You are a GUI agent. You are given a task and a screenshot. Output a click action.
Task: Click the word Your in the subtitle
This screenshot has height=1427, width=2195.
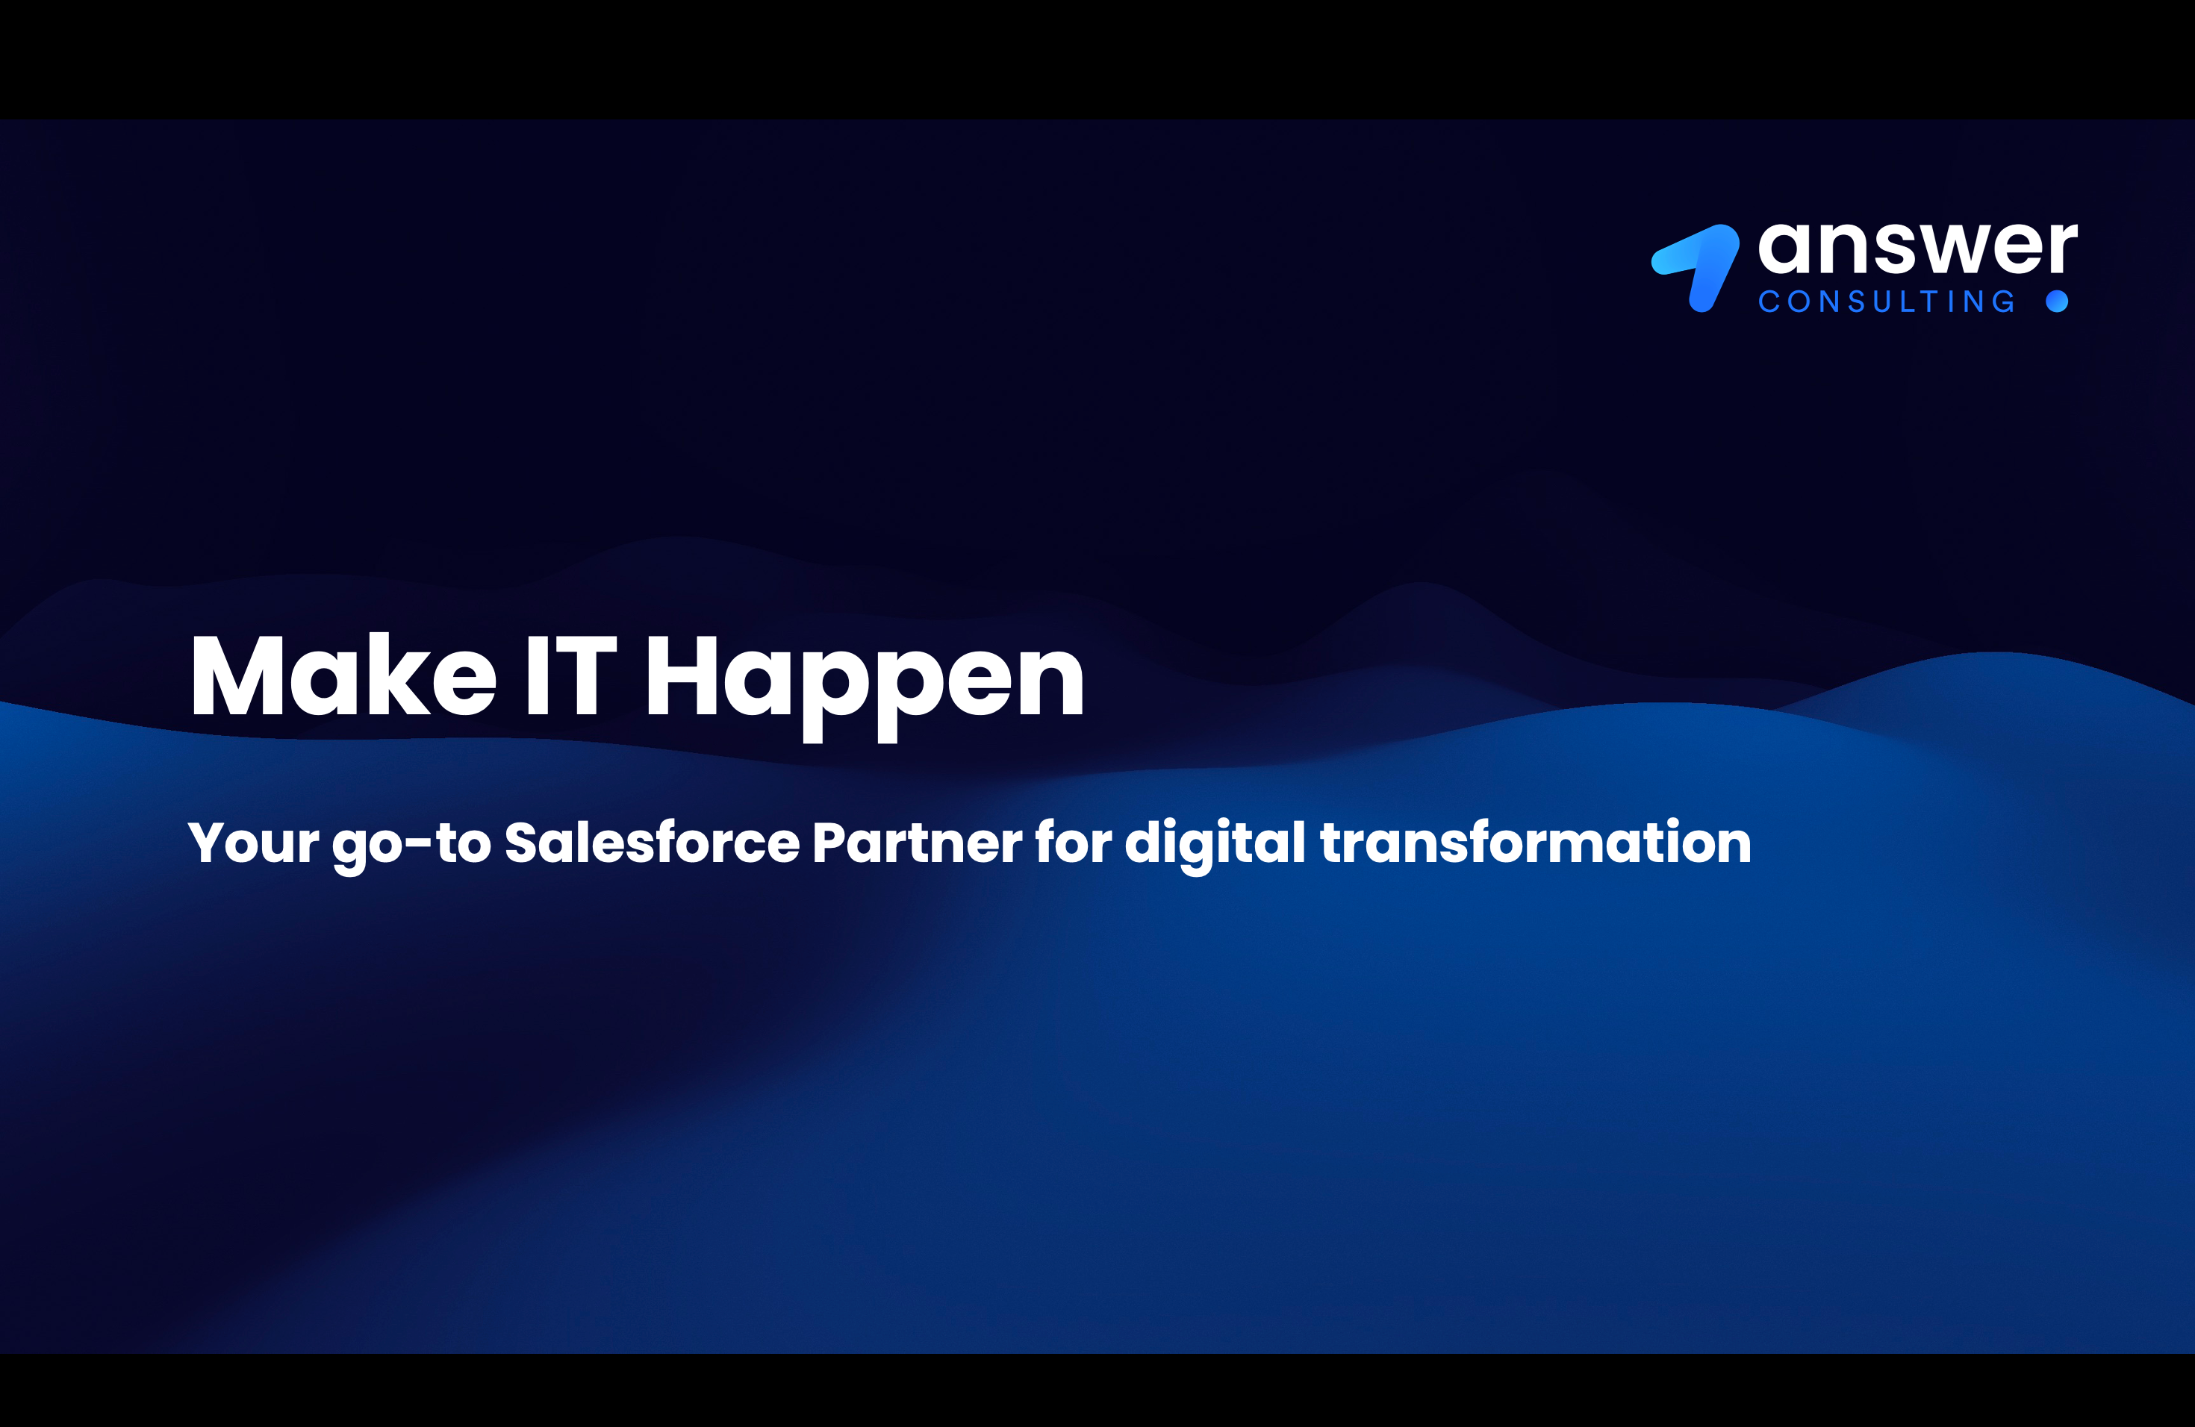(254, 843)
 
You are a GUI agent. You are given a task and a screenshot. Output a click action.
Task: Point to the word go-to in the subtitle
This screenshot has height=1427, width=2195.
(411, 846)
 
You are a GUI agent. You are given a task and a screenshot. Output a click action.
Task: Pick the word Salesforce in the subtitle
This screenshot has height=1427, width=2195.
(652, 842)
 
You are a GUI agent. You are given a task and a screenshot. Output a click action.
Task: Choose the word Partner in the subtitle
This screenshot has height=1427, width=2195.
(917, 843)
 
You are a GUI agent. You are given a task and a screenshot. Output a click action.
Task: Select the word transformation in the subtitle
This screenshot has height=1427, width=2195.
(1536, 842)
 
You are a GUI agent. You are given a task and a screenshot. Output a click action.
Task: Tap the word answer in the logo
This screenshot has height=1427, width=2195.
(1917, 248)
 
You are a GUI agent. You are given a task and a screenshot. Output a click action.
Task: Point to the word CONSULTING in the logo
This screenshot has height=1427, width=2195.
(1886, 302)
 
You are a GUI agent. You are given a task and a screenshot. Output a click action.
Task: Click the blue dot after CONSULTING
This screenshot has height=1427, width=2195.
(2057, 302)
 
